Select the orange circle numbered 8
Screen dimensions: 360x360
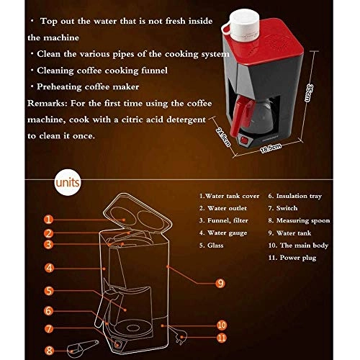pos(49,351)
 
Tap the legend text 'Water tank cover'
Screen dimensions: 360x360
pos(232,195)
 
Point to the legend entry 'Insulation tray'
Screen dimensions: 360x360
pos(299,195)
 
